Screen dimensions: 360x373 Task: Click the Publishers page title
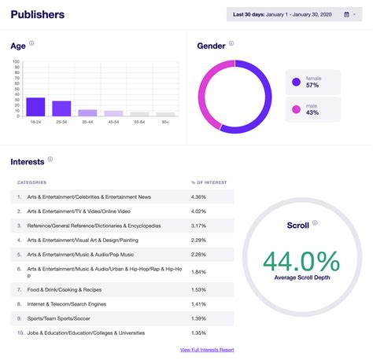click(x=38, y=14)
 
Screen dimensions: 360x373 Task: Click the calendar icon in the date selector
click(x=346, y=14)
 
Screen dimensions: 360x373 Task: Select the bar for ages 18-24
click(x=35, y=107)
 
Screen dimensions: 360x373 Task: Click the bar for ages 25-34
click(x=61, y=108)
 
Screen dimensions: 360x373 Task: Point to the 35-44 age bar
click(x=88, y=113)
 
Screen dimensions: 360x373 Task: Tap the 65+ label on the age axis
click(x=165, y=123)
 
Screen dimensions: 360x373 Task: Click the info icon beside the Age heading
click(x=32, y=43)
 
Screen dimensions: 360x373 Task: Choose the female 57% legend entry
click(x=313, y=82)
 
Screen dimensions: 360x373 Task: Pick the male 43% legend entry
click(x=313, y=109)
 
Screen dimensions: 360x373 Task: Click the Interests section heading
click(x=28, y=162)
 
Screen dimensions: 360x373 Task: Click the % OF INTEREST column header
click(x=209, y=182)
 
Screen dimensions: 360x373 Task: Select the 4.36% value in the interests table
click(x=198, y=197)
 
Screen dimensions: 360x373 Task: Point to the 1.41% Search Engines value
click(x=198, y=304)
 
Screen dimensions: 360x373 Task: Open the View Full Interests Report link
click(x=207, y=350)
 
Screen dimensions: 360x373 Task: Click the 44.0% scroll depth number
click(x=301, y=260)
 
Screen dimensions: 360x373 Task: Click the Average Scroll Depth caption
click(x=301, y=277)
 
